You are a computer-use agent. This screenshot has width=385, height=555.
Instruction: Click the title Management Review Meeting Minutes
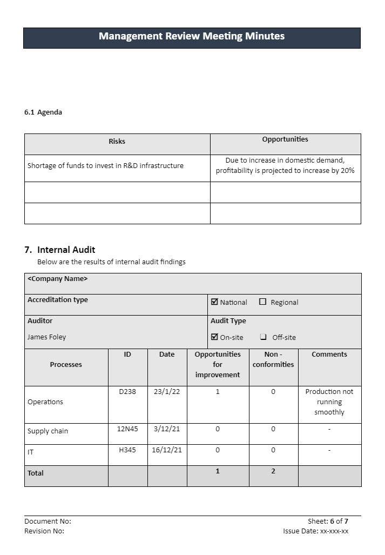[192, 36]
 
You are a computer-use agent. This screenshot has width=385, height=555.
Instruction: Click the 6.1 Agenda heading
[43, 112]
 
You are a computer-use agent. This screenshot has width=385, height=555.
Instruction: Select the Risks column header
[117, 142]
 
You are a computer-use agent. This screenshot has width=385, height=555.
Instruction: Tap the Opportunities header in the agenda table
[285, 139]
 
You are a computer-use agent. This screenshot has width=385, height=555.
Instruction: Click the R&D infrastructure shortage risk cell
[105, 166]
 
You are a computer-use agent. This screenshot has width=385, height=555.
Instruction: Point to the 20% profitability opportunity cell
[285, 165]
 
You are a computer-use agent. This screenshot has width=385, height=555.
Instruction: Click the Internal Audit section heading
[60, 250]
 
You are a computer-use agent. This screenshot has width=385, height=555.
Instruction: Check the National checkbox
[214, 302]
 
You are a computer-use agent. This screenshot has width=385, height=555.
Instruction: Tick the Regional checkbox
[263, 302]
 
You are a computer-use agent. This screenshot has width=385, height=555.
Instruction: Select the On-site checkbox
[214, 337]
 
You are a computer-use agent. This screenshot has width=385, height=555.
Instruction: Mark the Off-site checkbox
[263, 337]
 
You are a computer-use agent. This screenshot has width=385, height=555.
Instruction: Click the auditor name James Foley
[47, 337]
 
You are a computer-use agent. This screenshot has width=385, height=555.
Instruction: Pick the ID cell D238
[127, 392]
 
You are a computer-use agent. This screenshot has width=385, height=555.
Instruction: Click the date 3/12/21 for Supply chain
[167, 429]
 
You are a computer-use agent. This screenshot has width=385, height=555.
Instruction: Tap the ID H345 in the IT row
[127, 450]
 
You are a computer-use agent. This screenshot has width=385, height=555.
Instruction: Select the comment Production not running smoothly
[329, 402]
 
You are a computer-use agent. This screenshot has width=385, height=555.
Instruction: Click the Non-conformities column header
[273, 359]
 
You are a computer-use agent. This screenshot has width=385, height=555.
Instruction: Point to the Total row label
[36, 473]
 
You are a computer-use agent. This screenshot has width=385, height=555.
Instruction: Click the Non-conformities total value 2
[273, 471]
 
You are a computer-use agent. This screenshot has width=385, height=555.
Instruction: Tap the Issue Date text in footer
[315, 531]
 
